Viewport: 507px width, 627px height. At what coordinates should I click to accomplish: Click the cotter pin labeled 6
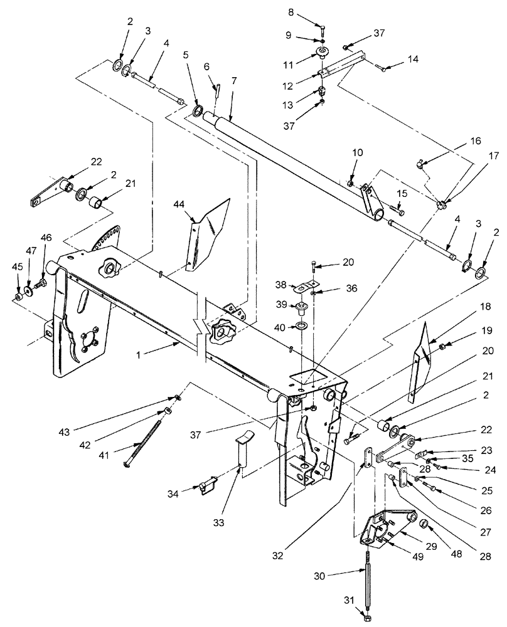tap(218, 91)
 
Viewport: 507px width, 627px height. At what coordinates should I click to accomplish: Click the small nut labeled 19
tap(442, 346)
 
